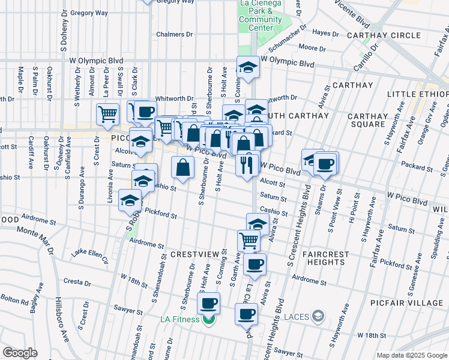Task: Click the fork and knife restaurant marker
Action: click(247, 164)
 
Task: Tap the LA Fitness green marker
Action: click(208, 319)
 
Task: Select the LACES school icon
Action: click(318, 316)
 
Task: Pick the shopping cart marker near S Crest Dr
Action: click(107, 113)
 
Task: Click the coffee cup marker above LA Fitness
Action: click(208, 303)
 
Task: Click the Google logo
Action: click(20, 353)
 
